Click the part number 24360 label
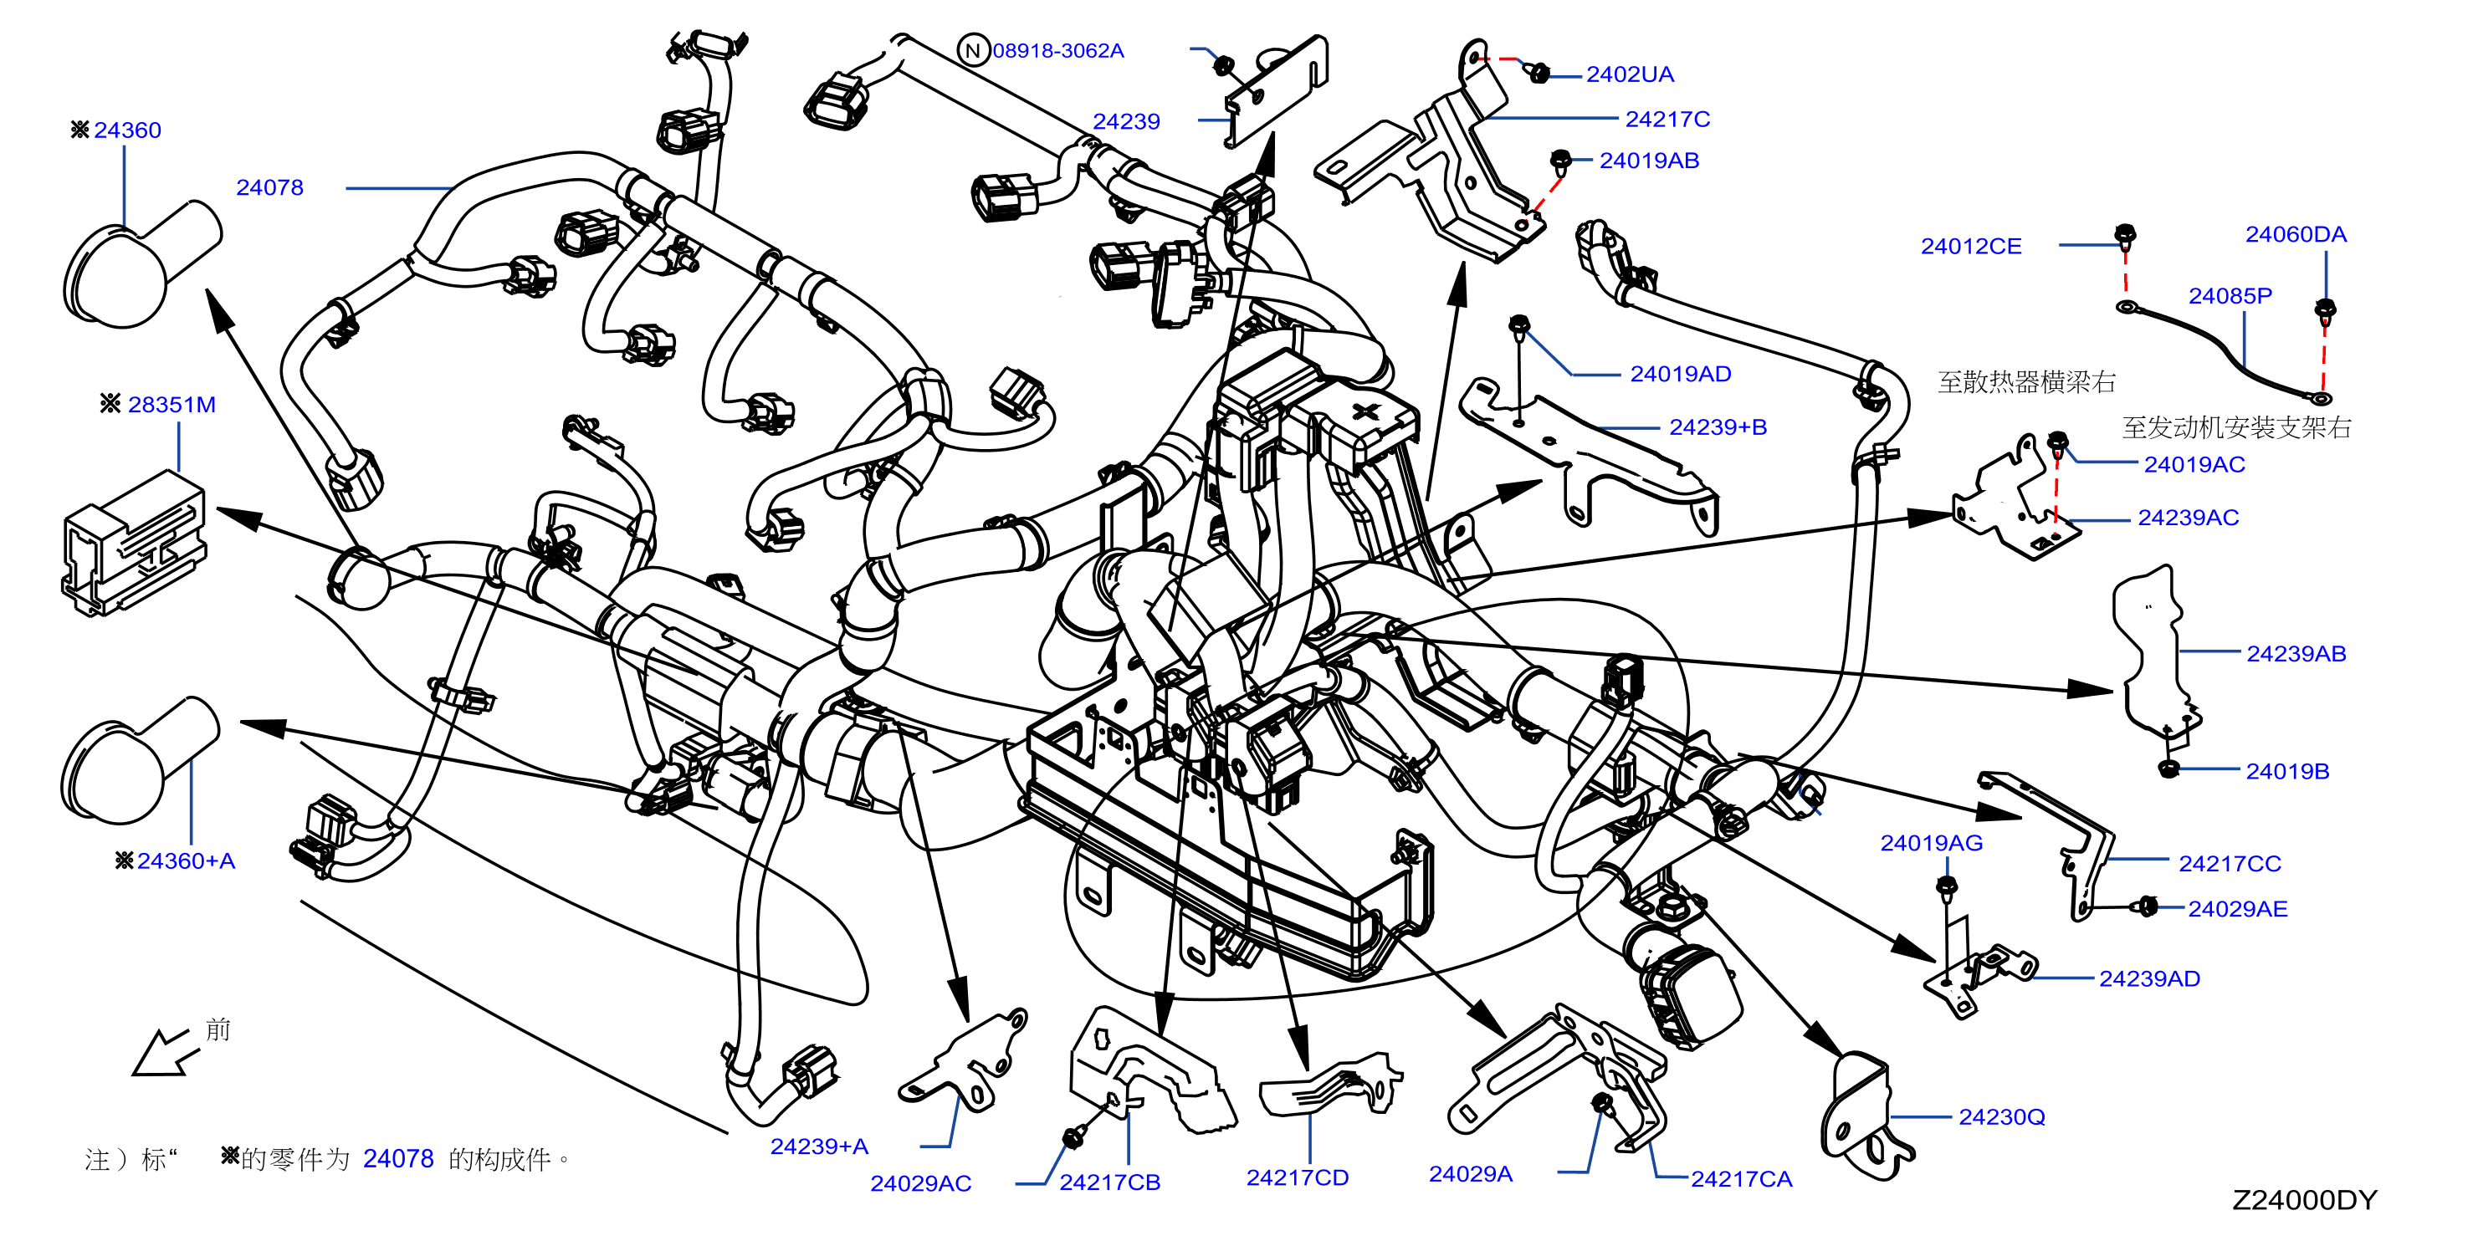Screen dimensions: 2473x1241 128,130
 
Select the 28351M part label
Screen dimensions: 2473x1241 172,404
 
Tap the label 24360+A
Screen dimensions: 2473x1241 187,861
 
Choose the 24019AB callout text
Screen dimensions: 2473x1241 1649,161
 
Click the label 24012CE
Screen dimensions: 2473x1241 1971,247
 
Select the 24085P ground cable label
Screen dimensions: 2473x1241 2230,295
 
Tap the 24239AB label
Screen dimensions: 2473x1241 2296,654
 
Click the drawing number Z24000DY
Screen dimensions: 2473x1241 2304,1200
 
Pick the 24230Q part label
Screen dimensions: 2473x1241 2002,1117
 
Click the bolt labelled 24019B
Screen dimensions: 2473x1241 2168,768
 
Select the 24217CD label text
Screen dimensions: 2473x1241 1297,1177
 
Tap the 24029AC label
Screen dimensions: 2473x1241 920,1183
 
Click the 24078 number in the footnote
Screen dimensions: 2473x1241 398,1159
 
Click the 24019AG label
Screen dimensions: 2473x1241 1931,843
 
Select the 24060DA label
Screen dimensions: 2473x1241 2296,234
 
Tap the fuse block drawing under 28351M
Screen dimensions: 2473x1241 134,544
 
